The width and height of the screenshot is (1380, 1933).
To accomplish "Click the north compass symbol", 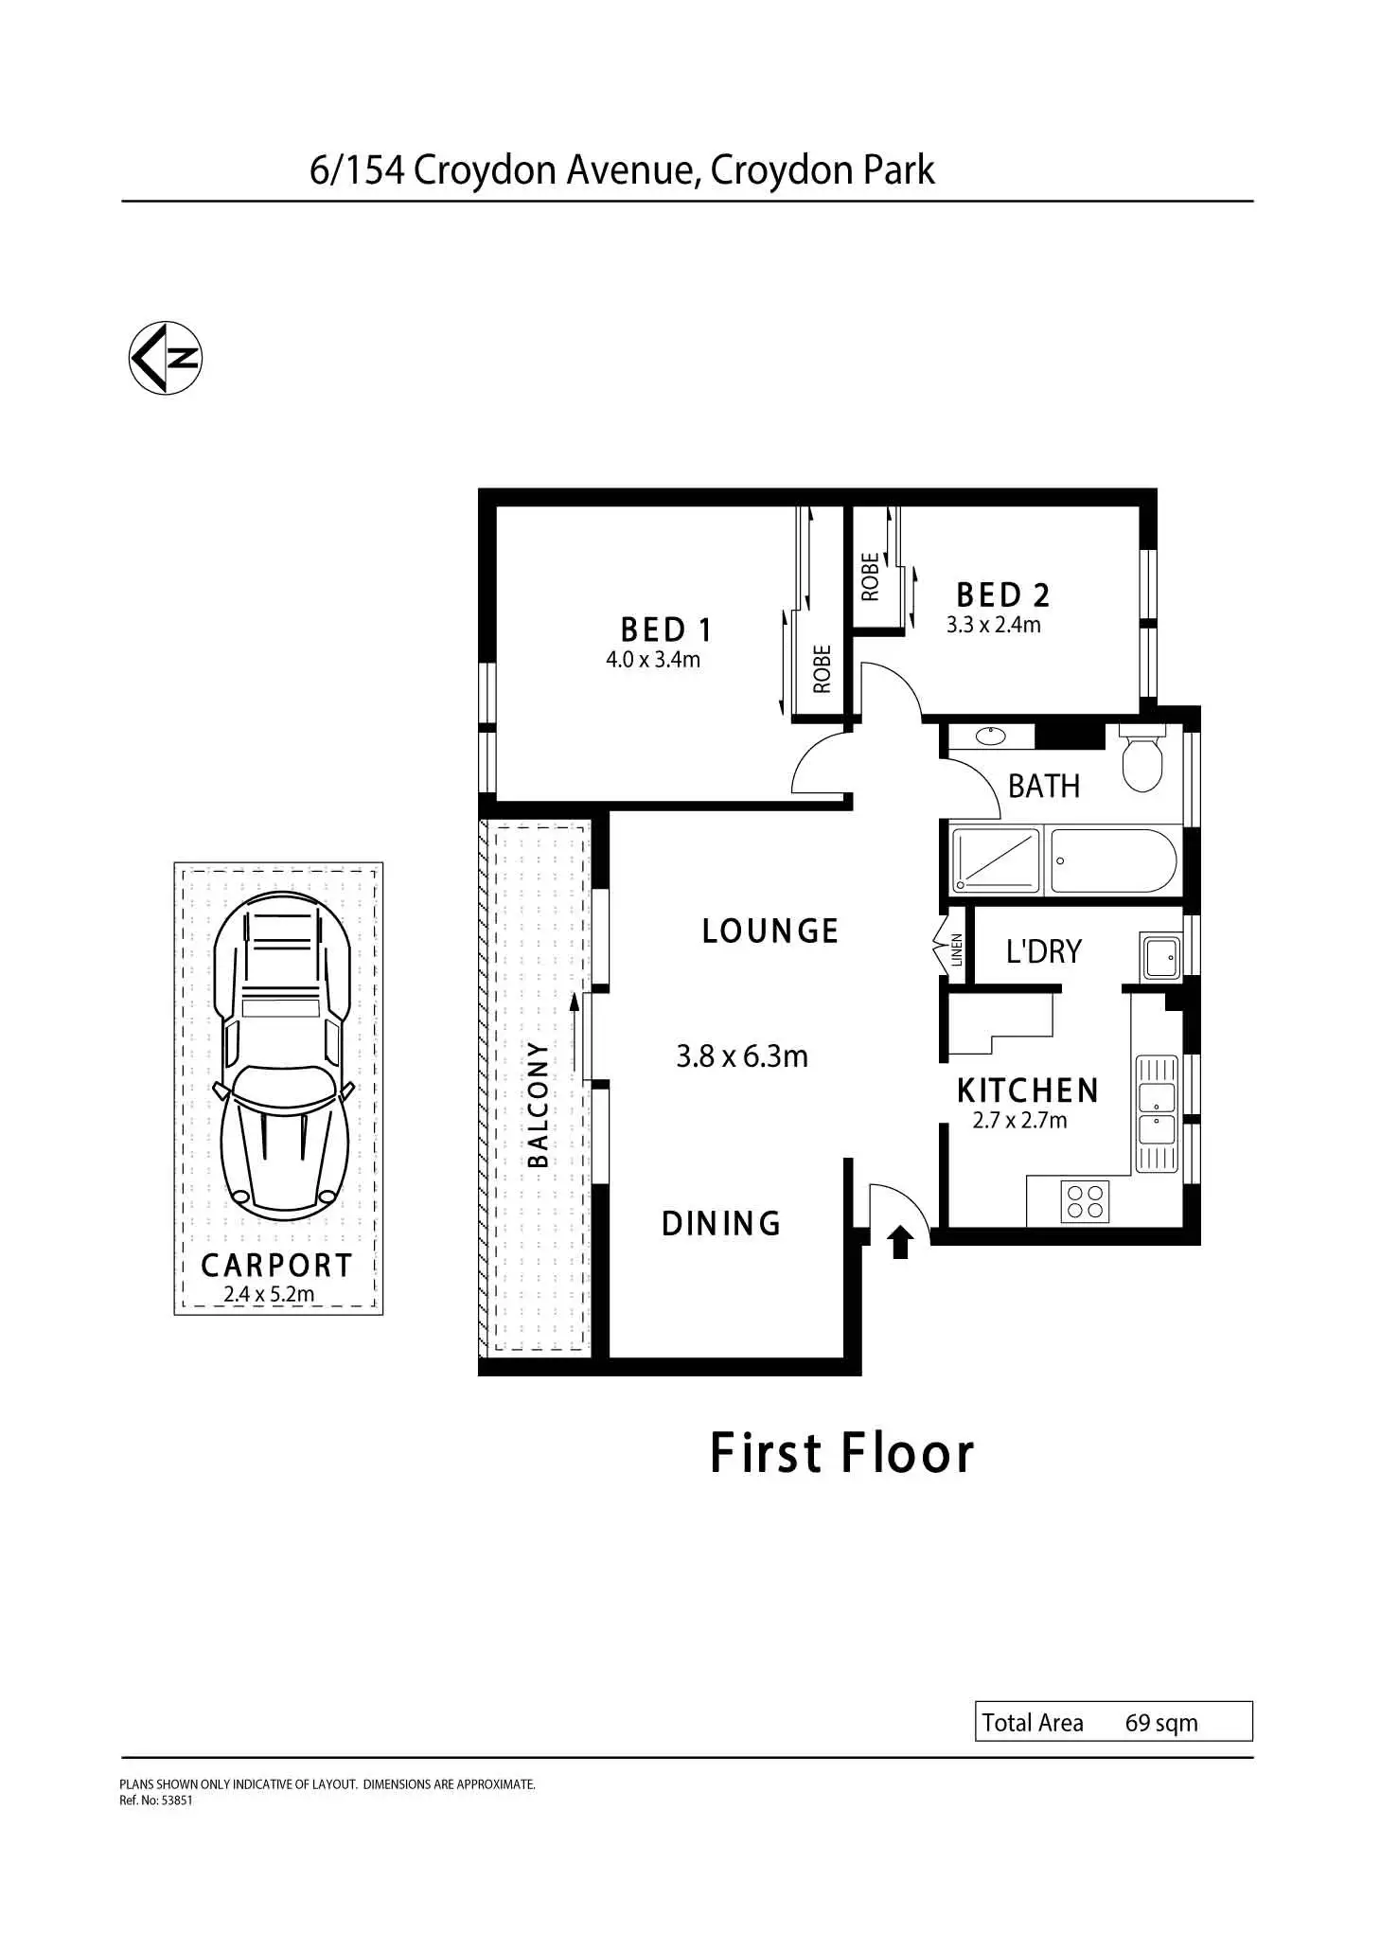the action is coord(166,358).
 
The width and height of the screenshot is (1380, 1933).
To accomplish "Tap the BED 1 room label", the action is coord(665,630).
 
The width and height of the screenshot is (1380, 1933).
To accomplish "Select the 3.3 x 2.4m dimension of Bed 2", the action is coord(993,625).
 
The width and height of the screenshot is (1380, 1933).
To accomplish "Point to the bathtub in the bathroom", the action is coord(1113,860).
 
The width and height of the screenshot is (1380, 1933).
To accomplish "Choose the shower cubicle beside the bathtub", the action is coord(995,860).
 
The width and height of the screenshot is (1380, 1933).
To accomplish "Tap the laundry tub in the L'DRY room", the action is coord(1160,956).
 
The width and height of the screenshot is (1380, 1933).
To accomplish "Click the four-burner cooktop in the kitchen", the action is coord(1085,1201).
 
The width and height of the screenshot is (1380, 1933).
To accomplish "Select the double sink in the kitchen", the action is coord(1156,1113).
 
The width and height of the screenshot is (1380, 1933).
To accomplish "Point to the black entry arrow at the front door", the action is coord(900,1241).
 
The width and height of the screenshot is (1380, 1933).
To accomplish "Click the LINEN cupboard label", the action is coord(957,949).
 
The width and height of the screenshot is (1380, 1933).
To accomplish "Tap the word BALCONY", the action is coord(538,1104).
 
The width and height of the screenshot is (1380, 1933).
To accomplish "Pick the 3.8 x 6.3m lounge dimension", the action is coord(742,1056).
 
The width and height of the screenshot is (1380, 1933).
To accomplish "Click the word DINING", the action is coord(721,1224).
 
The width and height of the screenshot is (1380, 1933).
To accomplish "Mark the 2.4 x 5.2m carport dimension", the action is coord(269,1294).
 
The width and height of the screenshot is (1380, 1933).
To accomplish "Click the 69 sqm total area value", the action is coord(1160,1723).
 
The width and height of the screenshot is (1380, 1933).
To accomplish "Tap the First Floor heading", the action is coord(841,1454).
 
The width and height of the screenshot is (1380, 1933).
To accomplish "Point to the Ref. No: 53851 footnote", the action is coord(156,1800).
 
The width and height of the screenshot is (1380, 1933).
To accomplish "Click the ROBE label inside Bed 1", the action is coord(822,668).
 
